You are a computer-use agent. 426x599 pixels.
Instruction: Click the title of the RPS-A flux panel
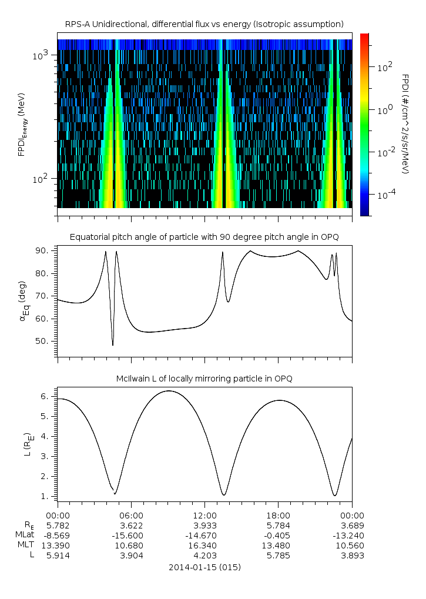pos(204,24)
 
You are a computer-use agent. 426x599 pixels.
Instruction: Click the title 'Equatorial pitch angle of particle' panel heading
pos(204,237)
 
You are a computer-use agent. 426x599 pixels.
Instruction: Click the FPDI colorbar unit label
pos(405,123)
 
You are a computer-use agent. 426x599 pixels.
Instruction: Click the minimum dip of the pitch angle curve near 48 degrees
pos(113,344)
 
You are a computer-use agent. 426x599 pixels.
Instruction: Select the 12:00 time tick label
pos(204,514)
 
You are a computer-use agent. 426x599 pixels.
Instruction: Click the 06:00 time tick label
pos(131,514)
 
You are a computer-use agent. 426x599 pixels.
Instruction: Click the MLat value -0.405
pos(279,536)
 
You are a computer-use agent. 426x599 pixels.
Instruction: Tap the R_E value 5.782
pos(58,525)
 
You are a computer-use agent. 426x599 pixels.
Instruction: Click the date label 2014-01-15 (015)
pos(204,567)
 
